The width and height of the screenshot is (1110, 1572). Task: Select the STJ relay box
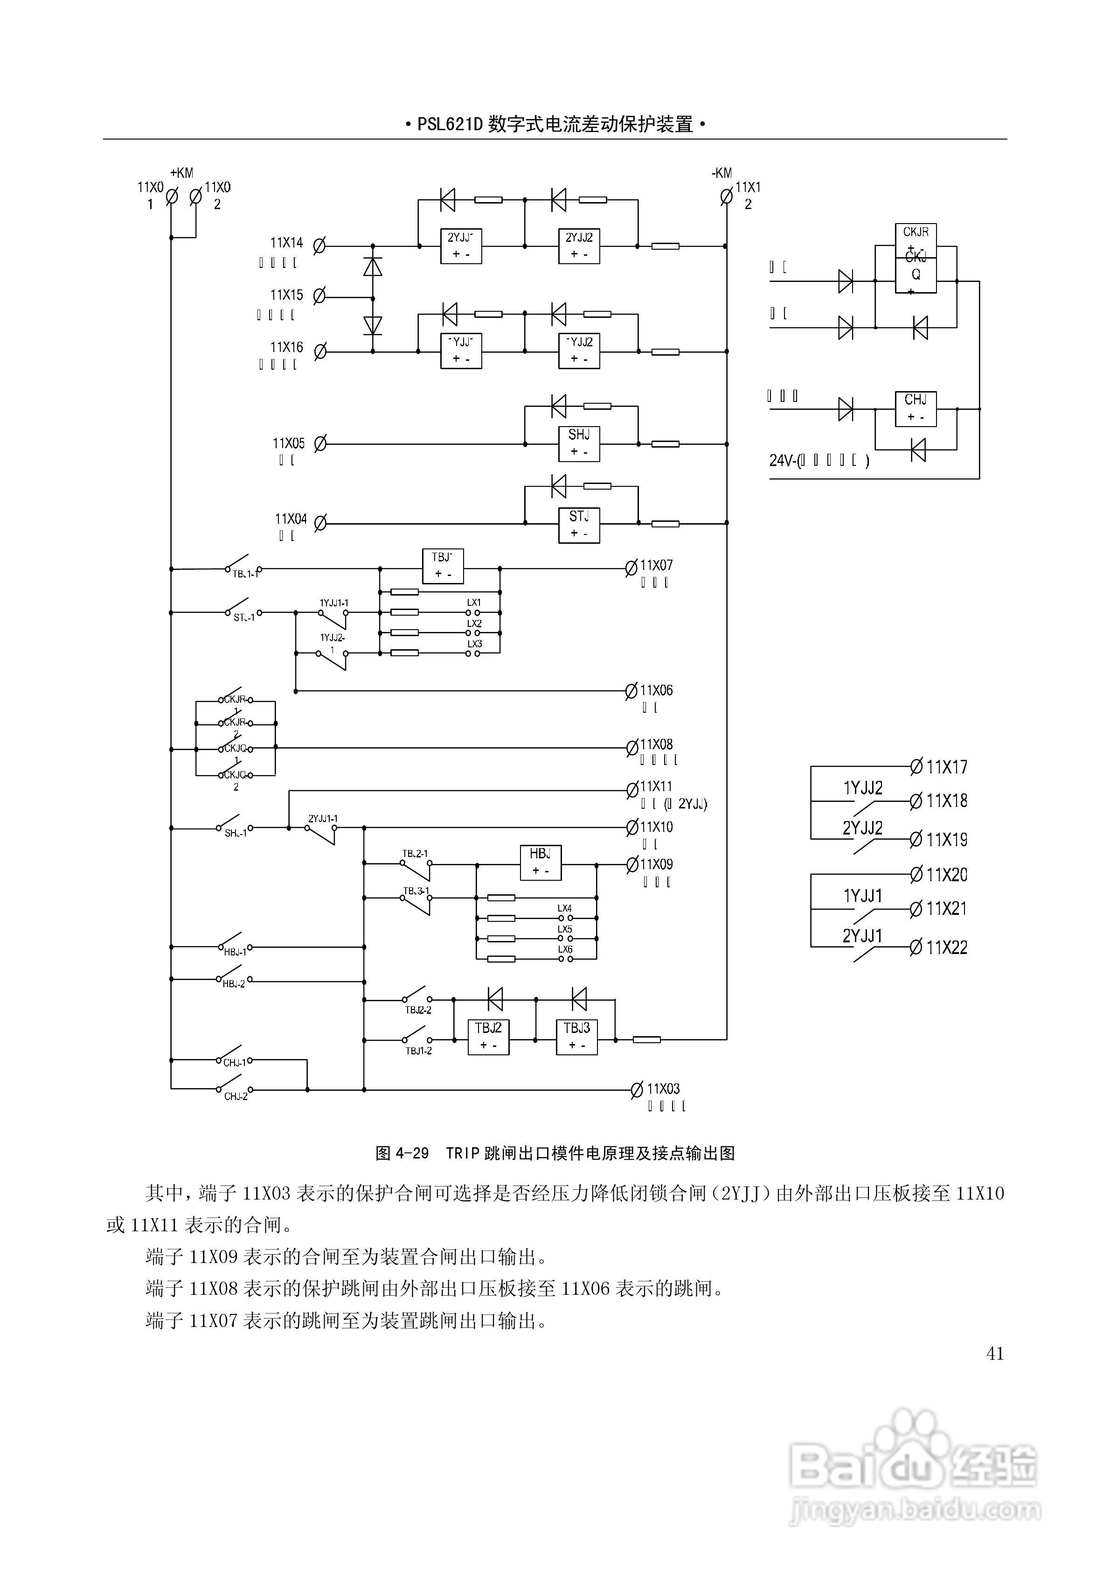(x=579, y=525)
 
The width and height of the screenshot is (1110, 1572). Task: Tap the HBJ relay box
(x=541, y=862)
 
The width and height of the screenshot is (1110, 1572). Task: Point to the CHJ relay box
(x=916, y=408)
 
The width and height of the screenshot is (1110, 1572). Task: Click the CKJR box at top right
(x=916, y=238)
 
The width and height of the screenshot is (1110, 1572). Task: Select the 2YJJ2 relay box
(x=579, y=245)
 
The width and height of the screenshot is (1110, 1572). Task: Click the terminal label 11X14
(x=286, y=242)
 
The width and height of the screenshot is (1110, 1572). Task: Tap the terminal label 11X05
(x=289, y=443)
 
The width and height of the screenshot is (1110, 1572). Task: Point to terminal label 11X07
(x=656, y=566)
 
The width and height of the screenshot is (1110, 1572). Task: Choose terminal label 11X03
(x=663, y=1088)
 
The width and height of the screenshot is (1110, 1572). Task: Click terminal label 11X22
(x=946, y=947)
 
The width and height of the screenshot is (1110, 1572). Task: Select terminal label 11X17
(x=946, y=767)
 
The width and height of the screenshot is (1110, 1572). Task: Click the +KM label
(x=181, y=173)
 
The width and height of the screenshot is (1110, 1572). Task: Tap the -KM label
(x=721, y=173)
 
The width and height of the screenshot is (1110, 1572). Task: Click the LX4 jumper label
(x=565, y=909)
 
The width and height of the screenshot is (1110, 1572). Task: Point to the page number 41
(x=995, y=1354)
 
